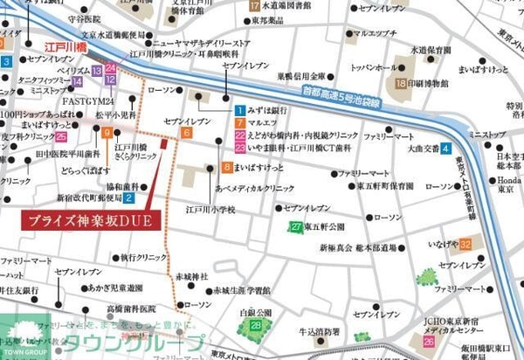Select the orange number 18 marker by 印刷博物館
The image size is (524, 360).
point(400,84)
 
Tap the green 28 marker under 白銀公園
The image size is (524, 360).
point(256,325)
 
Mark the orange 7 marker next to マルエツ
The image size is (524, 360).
point(239,123)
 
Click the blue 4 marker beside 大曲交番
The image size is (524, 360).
point(445,149)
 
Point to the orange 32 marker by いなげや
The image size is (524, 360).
point(466,243)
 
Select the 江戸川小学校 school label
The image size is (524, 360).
point(210,210)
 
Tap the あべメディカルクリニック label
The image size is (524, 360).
point(255,188)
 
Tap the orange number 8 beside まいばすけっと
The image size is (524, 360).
point(227,166)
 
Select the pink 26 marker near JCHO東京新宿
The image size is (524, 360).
point(429,342)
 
